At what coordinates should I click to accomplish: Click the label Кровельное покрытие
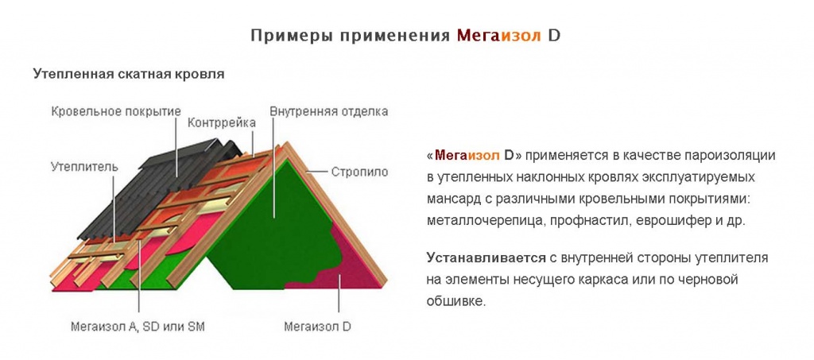(x=116, y=110)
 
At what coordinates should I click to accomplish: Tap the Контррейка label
(x=222, y=123)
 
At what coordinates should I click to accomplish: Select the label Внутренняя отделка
(x=328, y=111)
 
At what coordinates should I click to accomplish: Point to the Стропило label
(x=359, y=170)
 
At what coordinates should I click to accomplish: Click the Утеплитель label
(x=84, y=167)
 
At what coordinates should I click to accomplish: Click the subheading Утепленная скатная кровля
(x=129, y=74)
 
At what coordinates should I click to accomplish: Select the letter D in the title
(x=554, y=36)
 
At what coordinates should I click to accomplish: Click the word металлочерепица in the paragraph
(x=482, y=221)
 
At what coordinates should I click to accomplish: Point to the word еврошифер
(x=675, y=221)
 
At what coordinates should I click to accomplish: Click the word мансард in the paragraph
(x=453, y=199)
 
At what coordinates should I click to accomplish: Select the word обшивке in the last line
(x=455, y=302)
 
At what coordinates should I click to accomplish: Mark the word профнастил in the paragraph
(x=585, y=221)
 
